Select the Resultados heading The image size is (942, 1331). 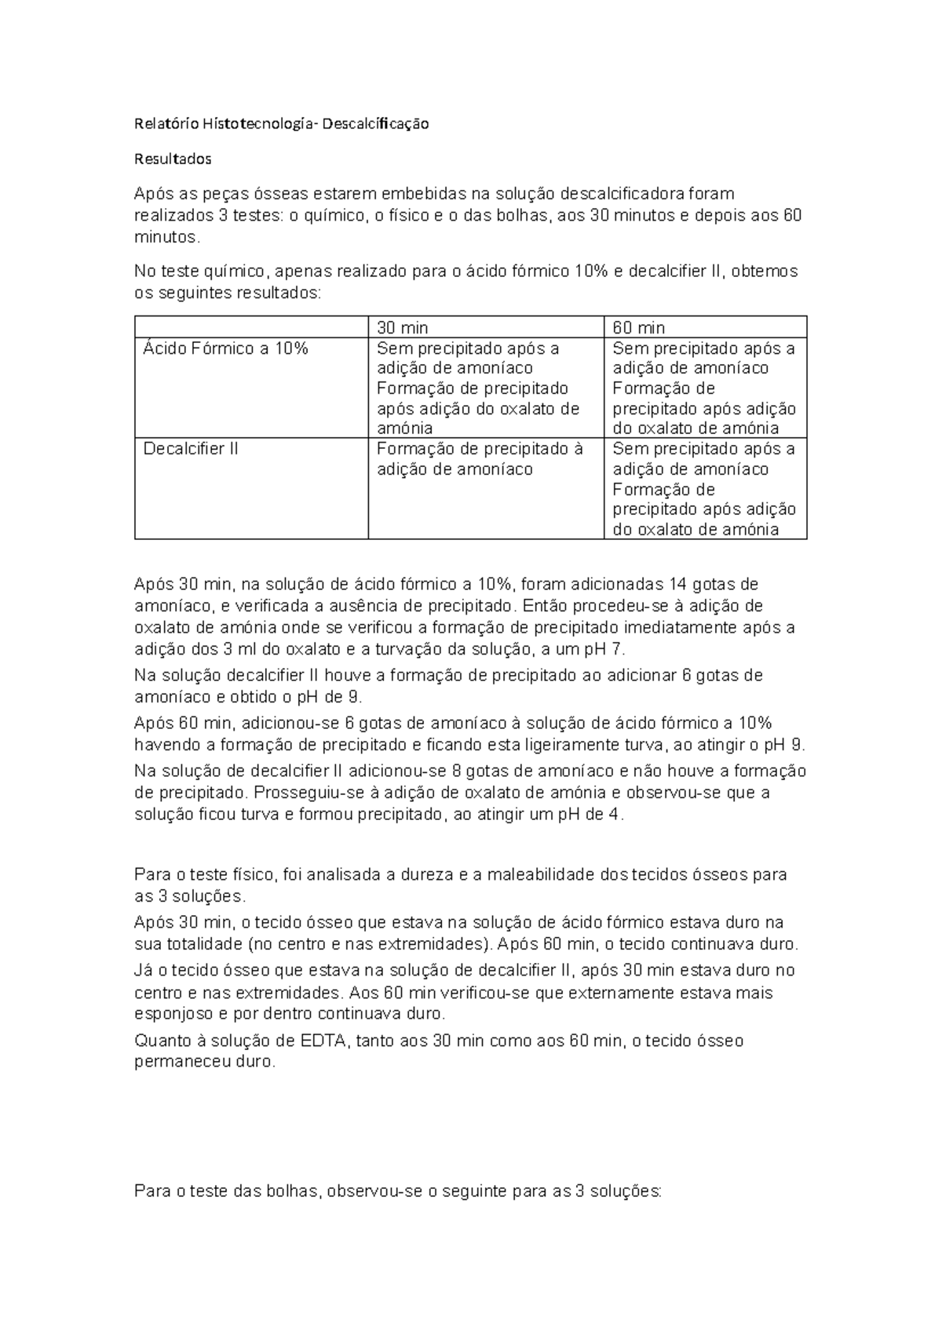click(x=173, y=159)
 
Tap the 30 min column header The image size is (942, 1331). click(x=403, y=327)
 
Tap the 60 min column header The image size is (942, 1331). click(x=638, y=327)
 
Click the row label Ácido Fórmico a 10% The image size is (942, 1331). click(x=225, y=348)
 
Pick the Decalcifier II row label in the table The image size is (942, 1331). click(x=190, y=448)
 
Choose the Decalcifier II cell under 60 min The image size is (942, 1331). click(x=703, y=488)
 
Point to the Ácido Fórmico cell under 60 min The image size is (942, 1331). click(x=703, y=388)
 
